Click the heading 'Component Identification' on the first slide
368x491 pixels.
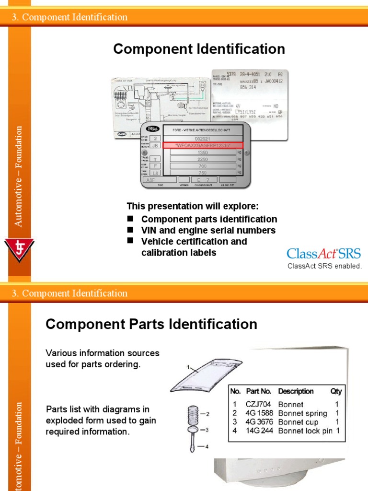coord(199,49)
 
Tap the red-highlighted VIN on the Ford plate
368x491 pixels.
coord(203,145)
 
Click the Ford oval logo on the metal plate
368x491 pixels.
coord(153,129)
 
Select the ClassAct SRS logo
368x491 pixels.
coord(323,254)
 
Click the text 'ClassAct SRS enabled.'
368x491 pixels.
coord(324,266)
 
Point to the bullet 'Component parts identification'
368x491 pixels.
coord(209,219)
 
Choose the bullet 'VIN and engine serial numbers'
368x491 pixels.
coord(208,230)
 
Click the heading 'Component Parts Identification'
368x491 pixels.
coord(151,324)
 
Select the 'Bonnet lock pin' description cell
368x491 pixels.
coord(305,431)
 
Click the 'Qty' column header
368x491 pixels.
coord(336,391)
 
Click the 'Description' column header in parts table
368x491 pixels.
coord(296,391)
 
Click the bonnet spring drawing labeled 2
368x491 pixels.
coord(193,413)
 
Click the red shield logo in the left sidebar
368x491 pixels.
coord(19,250)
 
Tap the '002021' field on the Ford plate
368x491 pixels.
coord(203,138)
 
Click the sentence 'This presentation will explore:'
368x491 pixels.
coord(192,206)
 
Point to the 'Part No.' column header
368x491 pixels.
coord(259,391)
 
